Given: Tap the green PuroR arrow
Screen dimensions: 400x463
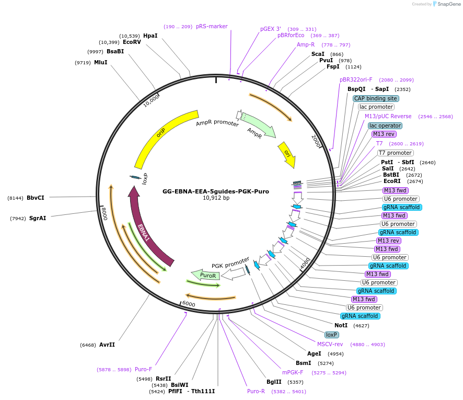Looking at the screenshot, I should coord(206,275).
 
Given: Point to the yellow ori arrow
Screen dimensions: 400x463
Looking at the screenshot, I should coord(286,154).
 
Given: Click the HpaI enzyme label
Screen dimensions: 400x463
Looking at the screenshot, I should coord(150,36).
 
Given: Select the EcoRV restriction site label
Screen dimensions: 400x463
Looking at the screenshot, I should coord(132,42).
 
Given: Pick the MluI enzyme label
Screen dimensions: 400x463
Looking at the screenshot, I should coord(101,62).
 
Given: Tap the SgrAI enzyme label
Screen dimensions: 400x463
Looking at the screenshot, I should coord(37,218).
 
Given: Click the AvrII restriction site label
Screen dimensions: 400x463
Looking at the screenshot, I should coord(107,345).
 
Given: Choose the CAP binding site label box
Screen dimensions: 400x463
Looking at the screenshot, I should coord(376,98).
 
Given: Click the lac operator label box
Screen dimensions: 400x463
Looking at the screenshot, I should coord(385,125).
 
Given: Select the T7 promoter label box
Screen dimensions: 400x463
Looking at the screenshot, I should coord(395,153).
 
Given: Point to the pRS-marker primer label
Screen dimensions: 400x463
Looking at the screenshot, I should coord(212,26).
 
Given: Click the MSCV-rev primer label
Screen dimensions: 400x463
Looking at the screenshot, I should coord(330,344).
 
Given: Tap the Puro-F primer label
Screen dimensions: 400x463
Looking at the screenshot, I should coord(143,369).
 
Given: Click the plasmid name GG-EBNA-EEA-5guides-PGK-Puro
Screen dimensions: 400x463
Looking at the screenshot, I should coord(216,191).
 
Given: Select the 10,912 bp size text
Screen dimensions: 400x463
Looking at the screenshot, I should coord(216,198).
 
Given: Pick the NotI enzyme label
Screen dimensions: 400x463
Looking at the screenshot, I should coord(341,325).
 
